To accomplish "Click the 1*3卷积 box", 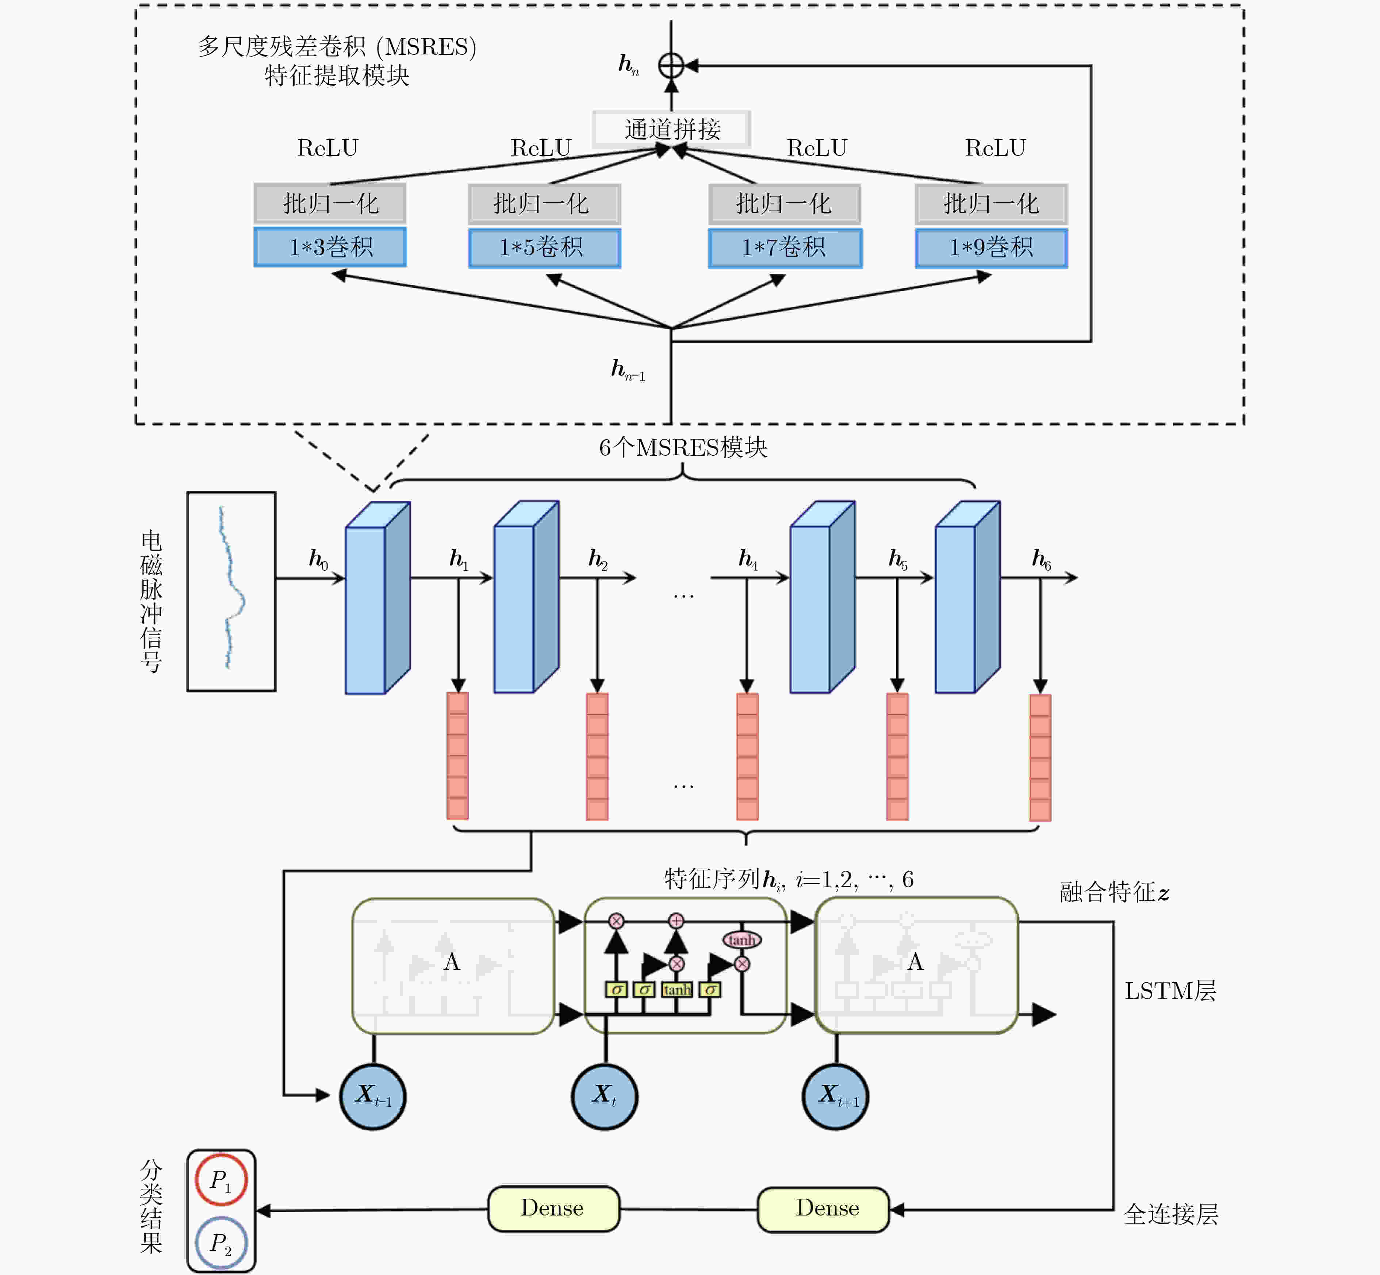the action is [x=330, y=246].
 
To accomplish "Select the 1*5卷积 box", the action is [x=544, y=247].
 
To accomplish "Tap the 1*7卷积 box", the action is [x=785, y=247].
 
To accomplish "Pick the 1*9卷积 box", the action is [x=992, y=247].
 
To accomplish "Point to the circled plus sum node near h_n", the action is [x=671, y=66].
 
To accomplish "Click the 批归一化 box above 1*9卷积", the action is [x=992, y=203].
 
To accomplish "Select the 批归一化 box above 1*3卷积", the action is [x=330, y=203].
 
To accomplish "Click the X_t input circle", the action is [x=605, y=1096].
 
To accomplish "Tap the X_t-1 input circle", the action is [x=373, y=1096].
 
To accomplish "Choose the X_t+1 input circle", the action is [x=836, y=1096].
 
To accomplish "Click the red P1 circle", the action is [x=221, y=1180].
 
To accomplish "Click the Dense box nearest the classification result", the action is [x=553, y=1209].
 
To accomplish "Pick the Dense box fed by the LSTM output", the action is [x=823, y=1209].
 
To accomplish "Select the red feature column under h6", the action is [x=1040, y=758].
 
